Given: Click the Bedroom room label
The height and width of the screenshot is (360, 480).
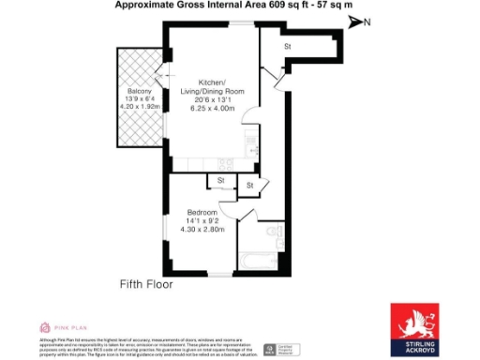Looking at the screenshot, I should coord(203,211).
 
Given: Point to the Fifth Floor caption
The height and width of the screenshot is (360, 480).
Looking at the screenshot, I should coord(148,284).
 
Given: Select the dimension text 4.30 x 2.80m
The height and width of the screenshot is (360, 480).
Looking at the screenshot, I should coord(203,231).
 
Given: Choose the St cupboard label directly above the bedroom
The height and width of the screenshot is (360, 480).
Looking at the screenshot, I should coord(221,180).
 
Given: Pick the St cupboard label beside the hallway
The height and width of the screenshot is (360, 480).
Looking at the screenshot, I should coord(250,187).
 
